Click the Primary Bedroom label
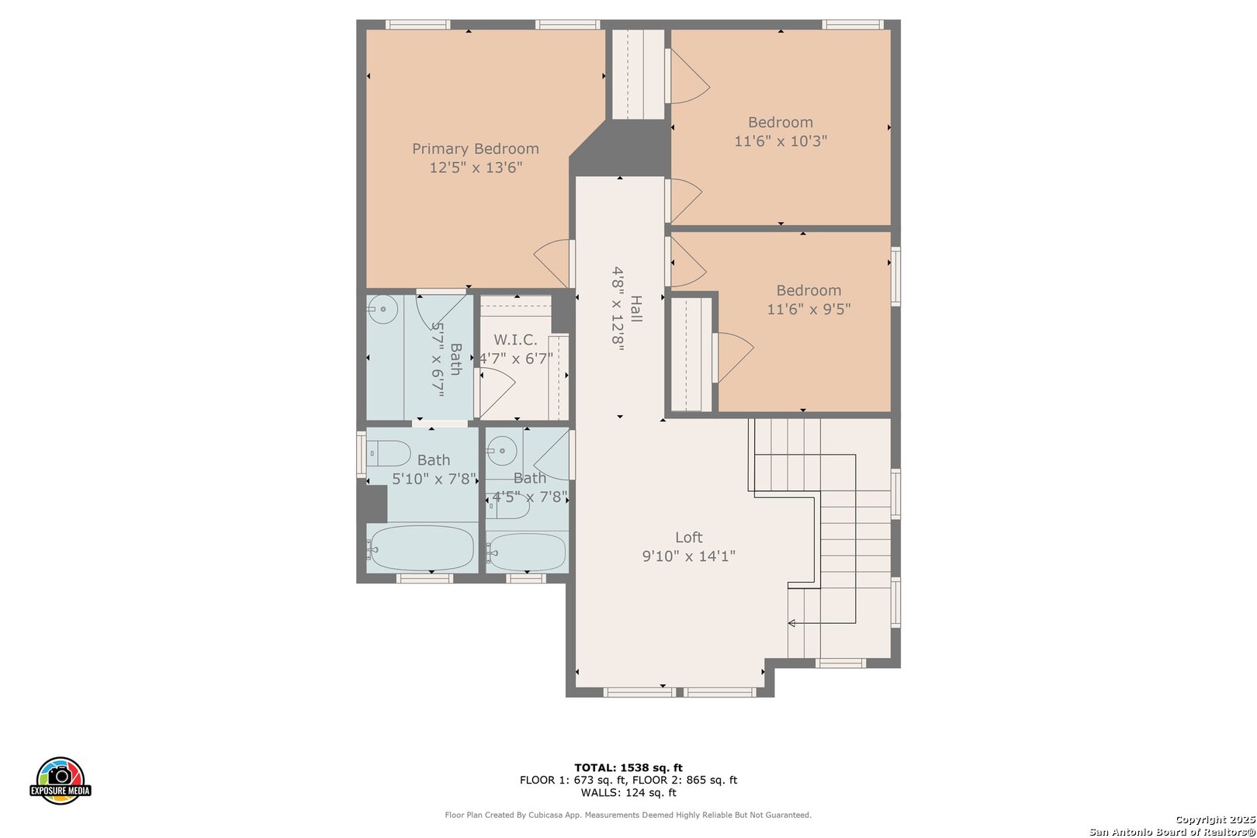[x=476, y=149]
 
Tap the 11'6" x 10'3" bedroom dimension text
[x=781, y=141]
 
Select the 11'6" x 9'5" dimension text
[x=809, y=310]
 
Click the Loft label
[x=688, y=537]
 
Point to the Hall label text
[x=636, y=309]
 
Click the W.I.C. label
[x=515, y=340]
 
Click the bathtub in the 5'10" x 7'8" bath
[x=422, y=548]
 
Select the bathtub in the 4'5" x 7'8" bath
[x=526, y=552]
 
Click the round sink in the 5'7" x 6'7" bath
[x=383, y=309]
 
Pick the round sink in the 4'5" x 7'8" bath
[x=502, y=451]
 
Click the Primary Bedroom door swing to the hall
[x=552, y=263]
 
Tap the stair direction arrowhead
[x=791, y=623]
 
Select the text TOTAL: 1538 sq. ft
[x=628, y=767]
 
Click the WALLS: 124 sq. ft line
[x=628, y=792]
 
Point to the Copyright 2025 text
[x=1215, y=820]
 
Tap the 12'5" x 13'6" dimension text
[x=476, y=168]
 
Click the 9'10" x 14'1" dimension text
[x=688, y=556]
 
